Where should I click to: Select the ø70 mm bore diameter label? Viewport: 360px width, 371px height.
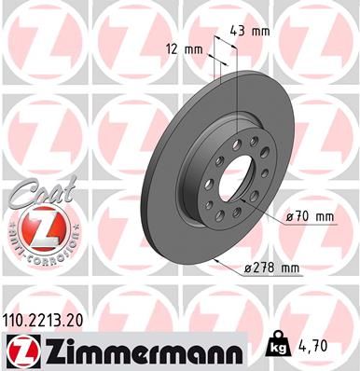311,218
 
